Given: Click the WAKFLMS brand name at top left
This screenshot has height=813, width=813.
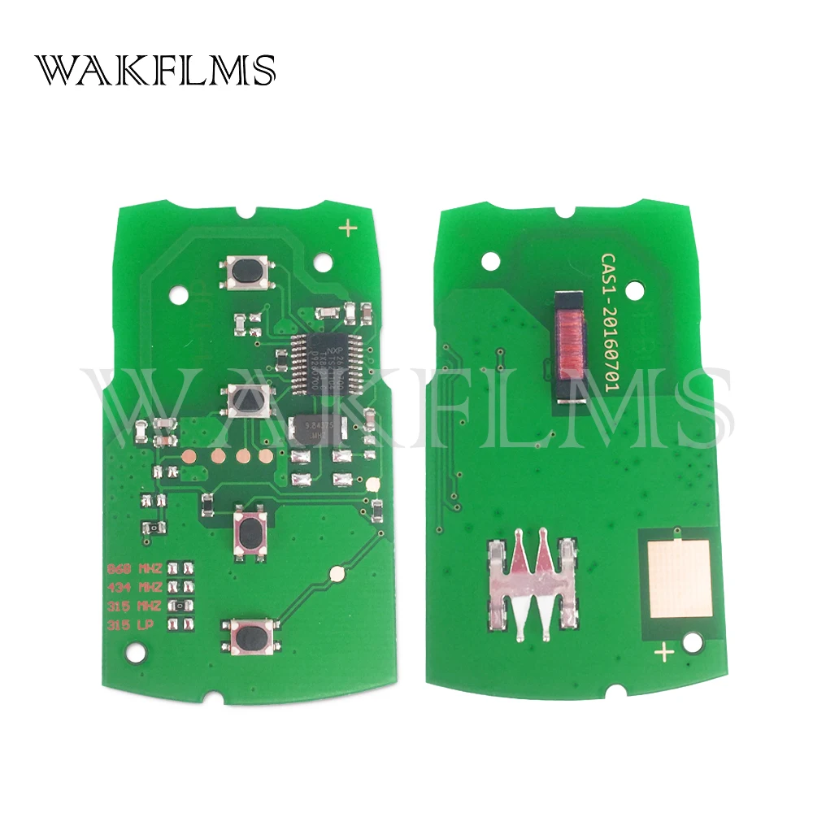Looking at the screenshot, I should pyautogui.click(x=154, y=71).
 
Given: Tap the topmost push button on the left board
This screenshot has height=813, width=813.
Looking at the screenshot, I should pyautogui.click(x=243, y=272).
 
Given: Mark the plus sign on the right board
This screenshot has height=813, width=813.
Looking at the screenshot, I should pyautogui.click(x=664, y=651).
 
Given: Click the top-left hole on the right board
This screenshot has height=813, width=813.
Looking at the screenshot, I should pyautogui.click(x=489, y=262).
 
